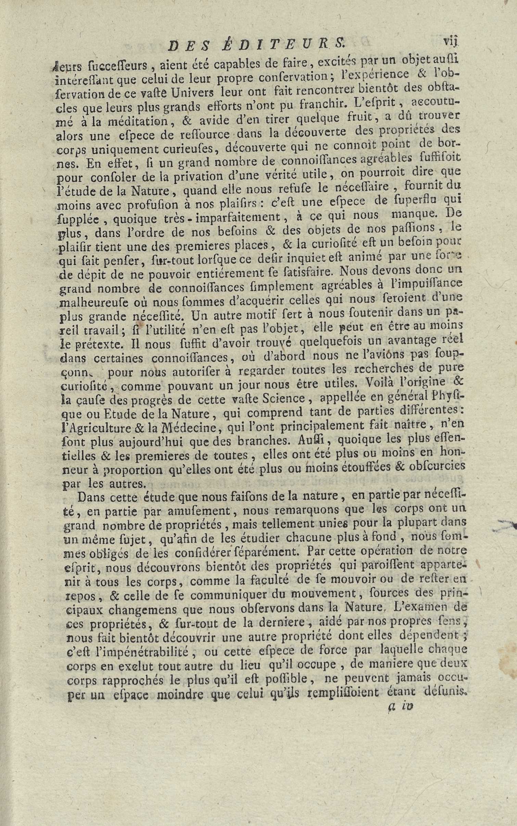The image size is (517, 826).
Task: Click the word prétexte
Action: pyautogui.click(x=94, y=343)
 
